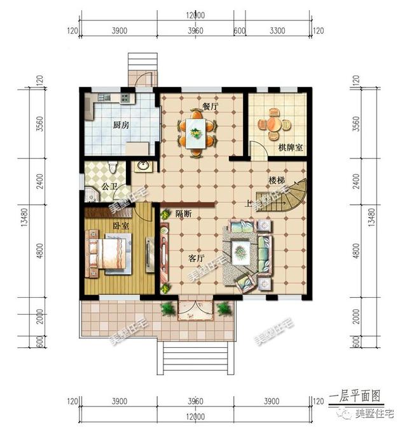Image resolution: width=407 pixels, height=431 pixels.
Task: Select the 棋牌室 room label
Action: (290, 148)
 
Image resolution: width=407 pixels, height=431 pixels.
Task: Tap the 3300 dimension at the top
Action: (279, 30)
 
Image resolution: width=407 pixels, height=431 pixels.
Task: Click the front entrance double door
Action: (195, 309)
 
